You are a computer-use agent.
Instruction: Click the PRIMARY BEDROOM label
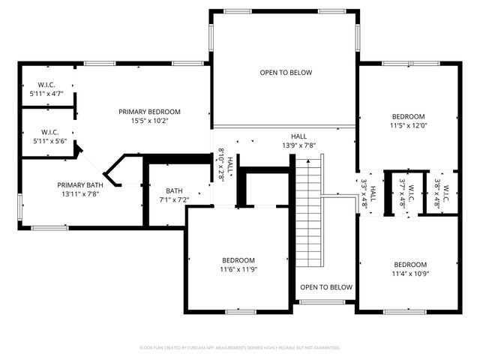(149, 112)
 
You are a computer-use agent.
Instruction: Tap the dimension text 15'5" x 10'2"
(149, 121)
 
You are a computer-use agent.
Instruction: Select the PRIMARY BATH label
(79, 184)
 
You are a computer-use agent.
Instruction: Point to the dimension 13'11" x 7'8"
(79, 193)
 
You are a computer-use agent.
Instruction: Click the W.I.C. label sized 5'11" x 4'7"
(46, 86)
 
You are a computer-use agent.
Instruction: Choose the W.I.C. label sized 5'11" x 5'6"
(49, 132)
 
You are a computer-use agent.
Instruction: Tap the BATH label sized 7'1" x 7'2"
(174, 190)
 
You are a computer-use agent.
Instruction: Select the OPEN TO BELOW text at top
(285, 73)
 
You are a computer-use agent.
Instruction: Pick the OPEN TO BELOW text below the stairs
(325, 287)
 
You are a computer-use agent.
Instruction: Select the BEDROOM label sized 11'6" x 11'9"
(237, 260)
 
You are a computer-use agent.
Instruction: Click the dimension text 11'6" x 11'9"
(237, 269)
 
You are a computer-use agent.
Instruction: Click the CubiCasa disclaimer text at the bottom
(240, 348)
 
